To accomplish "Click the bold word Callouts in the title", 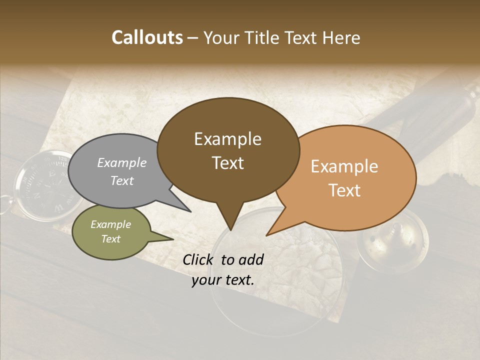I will (x=147, y=37).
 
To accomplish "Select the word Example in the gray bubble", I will (x=122, y=163).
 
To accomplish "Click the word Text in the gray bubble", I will (x=122, y=180).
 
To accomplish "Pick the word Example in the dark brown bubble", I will (x=227, y=139).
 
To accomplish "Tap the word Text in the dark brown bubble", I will (x=227, y=163).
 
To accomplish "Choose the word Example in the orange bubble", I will (x=344, y=166).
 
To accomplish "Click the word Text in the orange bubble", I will (x=344, y=190).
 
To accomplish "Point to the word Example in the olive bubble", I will (x=110, y=225).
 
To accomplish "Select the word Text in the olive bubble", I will (x=110, y=239).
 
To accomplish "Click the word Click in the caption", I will (x=199, y=259).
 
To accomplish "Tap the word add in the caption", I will (x=251, y=259).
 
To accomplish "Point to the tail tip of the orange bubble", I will (x=266, y=235).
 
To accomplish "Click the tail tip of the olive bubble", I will (x=173, y=239).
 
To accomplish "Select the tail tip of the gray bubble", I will (x=190, y=211).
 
